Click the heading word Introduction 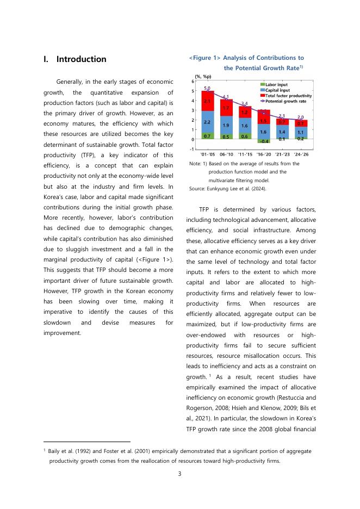[81, 59]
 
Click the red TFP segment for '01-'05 [207, 101]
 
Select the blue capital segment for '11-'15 [245, 126]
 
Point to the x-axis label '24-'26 [301, 154]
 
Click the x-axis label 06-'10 [226, 154]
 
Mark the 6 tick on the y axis [194, 82]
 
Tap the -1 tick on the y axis [193, 149]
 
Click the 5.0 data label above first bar [207, 88]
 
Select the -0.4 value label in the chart [264, 141]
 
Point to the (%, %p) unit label [203, 76]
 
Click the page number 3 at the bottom [180, 473]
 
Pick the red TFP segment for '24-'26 [301, 123]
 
